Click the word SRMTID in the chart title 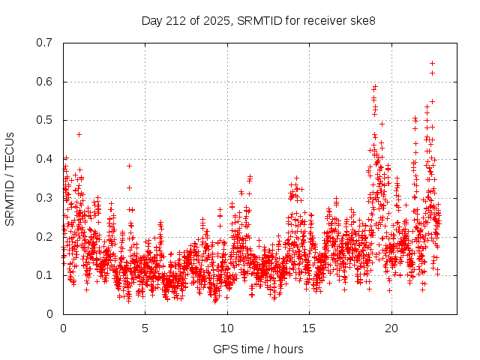tap(259, 19)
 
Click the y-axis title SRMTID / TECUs tap(10, 178)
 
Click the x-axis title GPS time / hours tap(258, 349)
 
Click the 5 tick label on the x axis tap(145, 328)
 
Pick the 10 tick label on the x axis tap(227, 328)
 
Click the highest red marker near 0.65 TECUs tap(432, 63)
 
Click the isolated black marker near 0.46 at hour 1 tap(79, 134)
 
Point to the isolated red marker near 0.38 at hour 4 tap(129, 166)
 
